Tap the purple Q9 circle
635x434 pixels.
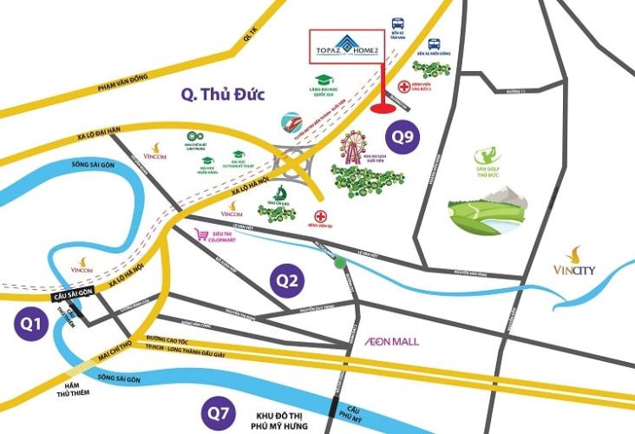(x=403, y=136)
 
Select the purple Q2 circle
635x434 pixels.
(x=287, y=279)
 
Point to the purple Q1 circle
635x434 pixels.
(x=32, y=323)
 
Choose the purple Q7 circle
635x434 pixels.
(x=216, y=411)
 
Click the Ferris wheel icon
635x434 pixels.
(x=355, y=147)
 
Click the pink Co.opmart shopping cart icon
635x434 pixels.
(x=204, y=234)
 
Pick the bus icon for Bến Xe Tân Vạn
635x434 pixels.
(x=398, y=24)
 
